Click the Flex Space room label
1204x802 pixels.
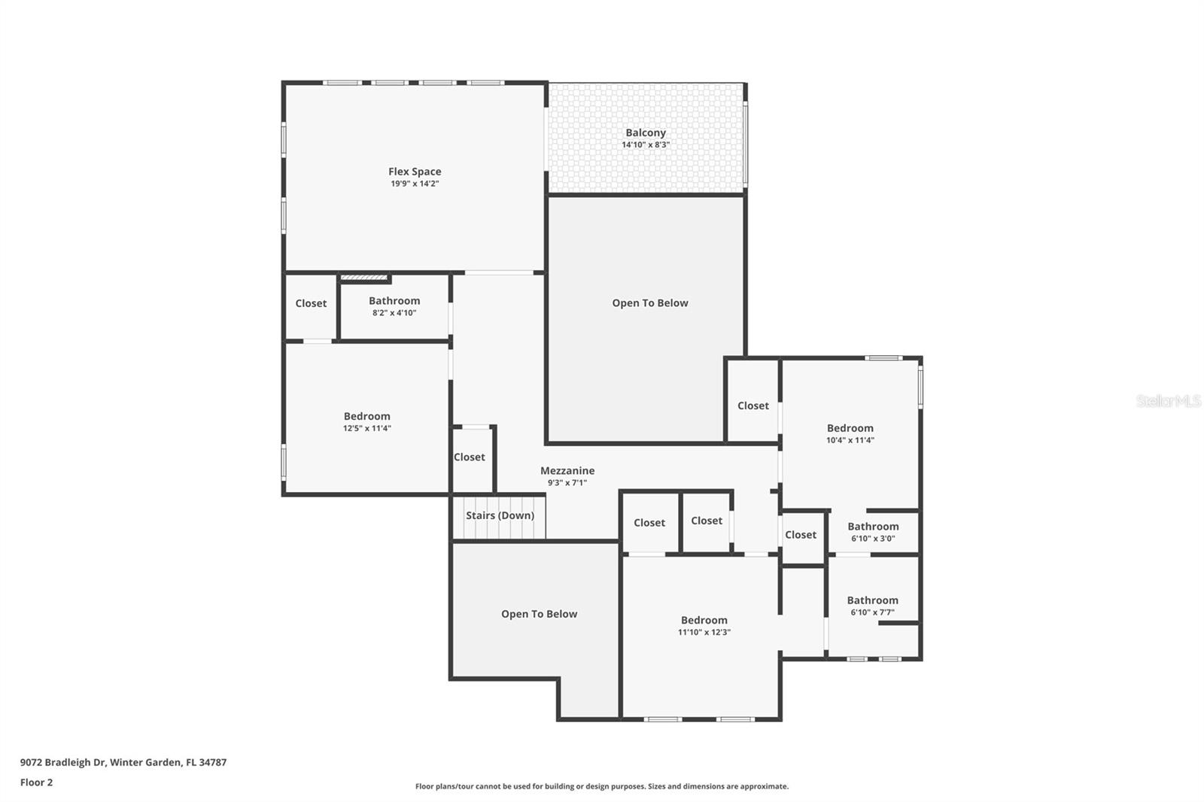[415, 172]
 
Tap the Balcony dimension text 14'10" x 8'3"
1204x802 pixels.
[645, 144]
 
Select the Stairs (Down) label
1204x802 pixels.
[500, 515]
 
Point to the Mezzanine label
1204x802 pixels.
[567, 471]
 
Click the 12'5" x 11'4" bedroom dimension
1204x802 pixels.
[366, 428]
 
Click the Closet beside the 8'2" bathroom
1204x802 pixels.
[311, 303]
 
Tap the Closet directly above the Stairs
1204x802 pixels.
[469, 457]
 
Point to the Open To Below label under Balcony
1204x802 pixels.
[649, 303]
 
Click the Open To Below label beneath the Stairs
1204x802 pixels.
[539, 614]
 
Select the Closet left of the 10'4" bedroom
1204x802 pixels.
[752, 406]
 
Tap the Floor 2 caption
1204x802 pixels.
[36, 782]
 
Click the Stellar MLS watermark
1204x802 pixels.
[1168, 401]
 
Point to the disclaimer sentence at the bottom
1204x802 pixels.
[601, 786]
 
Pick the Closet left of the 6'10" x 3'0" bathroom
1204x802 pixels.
[800, 535]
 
